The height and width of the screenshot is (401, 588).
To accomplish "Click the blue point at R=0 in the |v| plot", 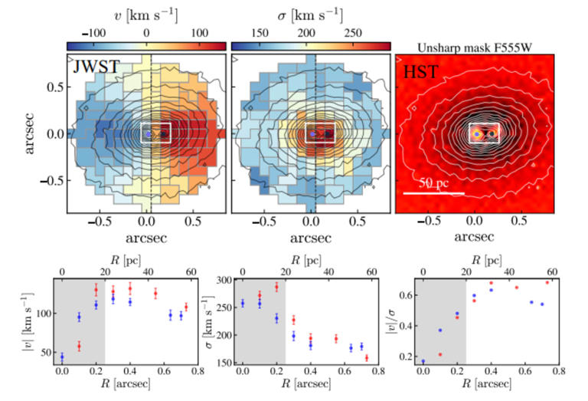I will point(62,357).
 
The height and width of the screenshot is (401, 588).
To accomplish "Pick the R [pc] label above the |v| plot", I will point(126,259).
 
